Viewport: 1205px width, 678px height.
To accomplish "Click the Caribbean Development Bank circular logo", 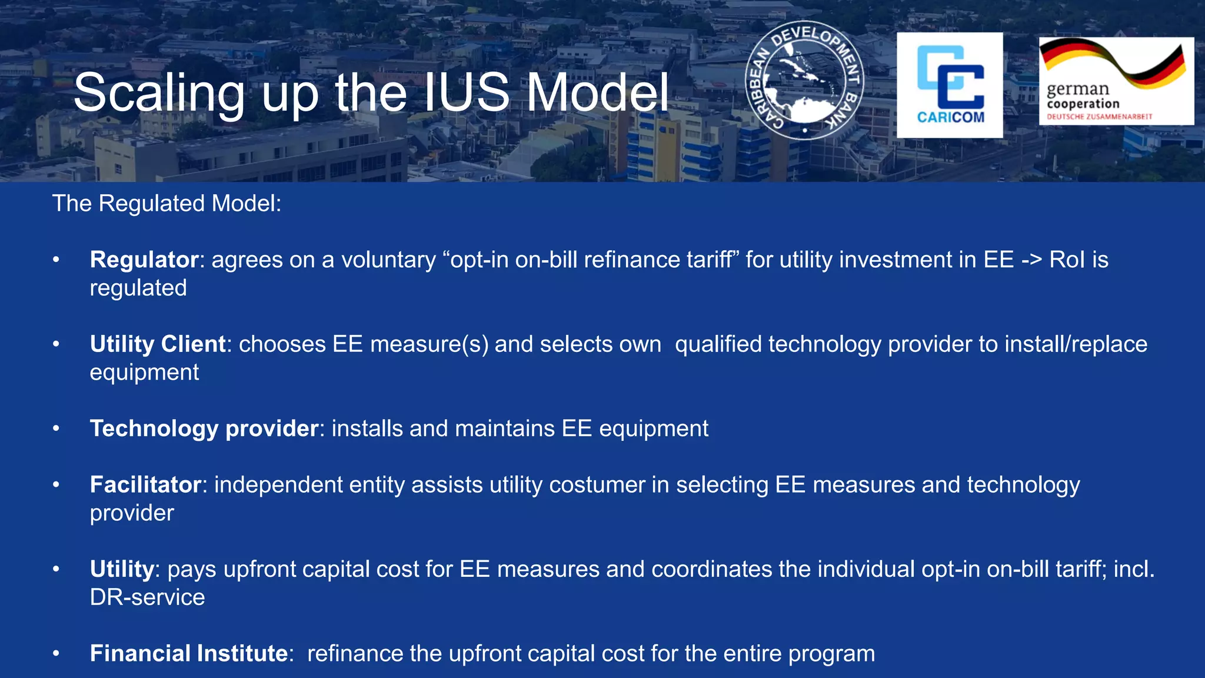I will [x=804, y=81].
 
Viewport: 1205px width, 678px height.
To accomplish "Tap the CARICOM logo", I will [x=950, y=85].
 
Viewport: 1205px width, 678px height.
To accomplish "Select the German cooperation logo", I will [x=1116, y=81].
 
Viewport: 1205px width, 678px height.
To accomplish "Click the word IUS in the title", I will [x=466, y=92].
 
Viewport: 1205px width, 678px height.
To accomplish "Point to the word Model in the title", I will [x=597, y=92].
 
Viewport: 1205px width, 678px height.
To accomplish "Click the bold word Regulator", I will [x=144, y=260].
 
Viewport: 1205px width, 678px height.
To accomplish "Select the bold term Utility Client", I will [x=158, y=344].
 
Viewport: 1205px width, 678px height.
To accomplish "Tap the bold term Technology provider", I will [x=204, y=428].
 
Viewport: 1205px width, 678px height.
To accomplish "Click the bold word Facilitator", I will [x=145, y=485].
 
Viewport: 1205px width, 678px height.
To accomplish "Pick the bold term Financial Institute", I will [x=188, y=653].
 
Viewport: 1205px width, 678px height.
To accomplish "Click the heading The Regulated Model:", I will [x=167, y=204].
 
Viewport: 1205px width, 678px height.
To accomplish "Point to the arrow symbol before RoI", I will [x=1032, y=260].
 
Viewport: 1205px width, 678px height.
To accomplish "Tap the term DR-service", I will [x=147, y=597].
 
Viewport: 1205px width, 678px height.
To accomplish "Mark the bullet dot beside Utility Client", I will [x=56, y=344].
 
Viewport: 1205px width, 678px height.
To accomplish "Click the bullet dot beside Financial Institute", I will [x=56, y=654].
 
